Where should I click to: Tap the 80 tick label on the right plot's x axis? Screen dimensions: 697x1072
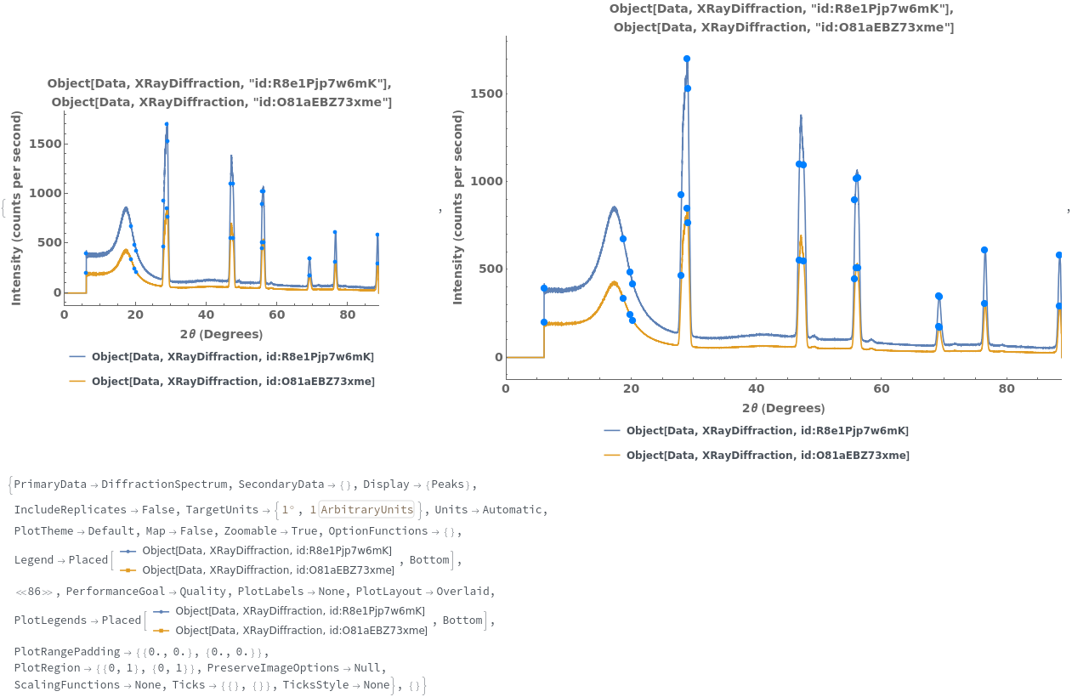pos(1007,388)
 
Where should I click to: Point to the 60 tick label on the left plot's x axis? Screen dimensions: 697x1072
pos(276,314)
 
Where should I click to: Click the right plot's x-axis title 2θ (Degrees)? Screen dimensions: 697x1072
pos(783,408)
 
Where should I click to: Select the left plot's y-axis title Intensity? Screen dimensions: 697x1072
pos(16,208)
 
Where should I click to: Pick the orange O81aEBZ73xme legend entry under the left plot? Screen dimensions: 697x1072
pos(232,382)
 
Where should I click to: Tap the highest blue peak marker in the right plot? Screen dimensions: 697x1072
pos(686,59)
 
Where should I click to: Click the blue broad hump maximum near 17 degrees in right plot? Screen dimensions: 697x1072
pos(614,207)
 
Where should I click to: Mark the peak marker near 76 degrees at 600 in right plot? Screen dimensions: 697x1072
pos(984,250)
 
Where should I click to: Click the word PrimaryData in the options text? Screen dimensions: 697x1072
pos(50,484)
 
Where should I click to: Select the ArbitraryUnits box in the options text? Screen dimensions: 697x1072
pos(384,510)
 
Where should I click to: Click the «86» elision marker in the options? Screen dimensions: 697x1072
pos(34,592)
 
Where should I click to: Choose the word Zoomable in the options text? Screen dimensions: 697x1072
pos(251,531)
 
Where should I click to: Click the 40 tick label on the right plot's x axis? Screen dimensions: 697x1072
pos(756,388)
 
